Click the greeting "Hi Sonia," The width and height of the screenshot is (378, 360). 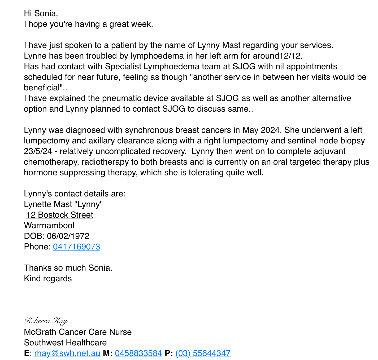(x=41, y=13)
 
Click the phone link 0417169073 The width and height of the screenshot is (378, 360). (x=76, y=247)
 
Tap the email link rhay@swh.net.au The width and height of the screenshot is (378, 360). (x=67, y=353)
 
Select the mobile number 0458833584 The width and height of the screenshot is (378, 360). (x=138, y=353)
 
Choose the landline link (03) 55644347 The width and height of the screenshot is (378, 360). (x=203, y=353)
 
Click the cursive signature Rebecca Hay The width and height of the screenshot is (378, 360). (x=46, y=321)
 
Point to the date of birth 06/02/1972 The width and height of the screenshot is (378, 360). (x=68, y=236)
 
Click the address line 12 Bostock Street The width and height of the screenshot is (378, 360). (x=60, y=215)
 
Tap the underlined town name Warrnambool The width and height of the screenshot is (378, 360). (x=49, y=226)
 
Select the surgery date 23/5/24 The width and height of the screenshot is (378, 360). (x=38, y=151)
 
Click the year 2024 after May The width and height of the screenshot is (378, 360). (x=270, y=130)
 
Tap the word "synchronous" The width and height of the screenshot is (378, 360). (x=147, y=130)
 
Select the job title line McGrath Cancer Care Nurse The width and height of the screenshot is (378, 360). (x=78, y=332)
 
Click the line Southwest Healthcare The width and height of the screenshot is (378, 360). (x=65, y=343)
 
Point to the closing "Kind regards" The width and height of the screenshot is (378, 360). (x=48, y=279)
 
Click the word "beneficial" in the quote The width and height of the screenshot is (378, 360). (x=41, y=88)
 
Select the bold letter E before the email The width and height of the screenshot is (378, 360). (x=27, y=353)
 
